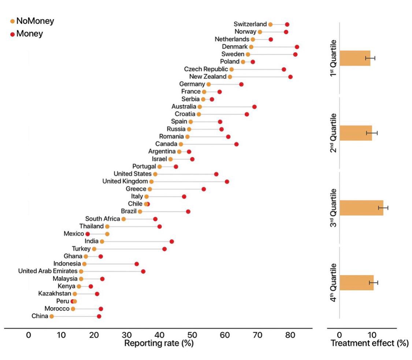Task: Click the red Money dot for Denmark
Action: tap(297, 47)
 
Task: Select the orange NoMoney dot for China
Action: tap(52, 316)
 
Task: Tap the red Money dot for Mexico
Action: tap(88, 234)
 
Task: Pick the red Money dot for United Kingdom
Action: tap(227, 182)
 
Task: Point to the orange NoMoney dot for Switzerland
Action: tap(270, 25)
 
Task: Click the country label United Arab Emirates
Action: tap(48, 271)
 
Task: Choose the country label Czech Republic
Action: tap(206, 69)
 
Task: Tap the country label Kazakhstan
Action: tap(55, 294)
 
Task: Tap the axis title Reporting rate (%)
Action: tap(159, 344)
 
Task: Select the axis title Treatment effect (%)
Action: tap(369, 344)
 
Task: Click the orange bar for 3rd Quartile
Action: tap(361, 208)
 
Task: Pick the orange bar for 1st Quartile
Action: tap(355, 58)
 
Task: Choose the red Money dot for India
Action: tap(171, 241)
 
